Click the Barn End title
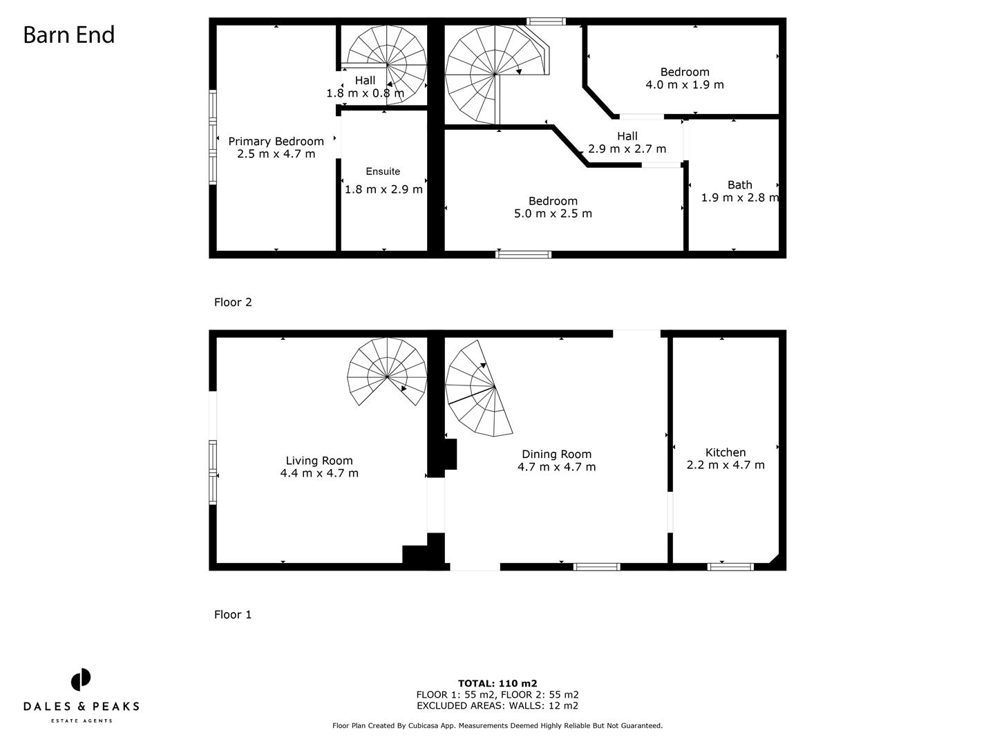tap(68, 35)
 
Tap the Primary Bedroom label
tap(276, 142)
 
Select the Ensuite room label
tap(383, 171)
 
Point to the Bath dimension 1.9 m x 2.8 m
tap(739, 198)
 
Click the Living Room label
tap(319, 461)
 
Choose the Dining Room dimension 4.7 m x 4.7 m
tap(556, 467)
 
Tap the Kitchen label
tap(726, 452)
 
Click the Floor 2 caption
tap(233, 302)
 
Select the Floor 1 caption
tap(233, 614)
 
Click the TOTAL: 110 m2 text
tap(497, 684)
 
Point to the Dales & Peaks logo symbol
tap(81, 680)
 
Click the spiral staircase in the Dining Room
tap(477, 390)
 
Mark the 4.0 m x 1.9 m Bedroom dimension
tap(685, 85)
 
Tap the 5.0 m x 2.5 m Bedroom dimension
tap(553, 213)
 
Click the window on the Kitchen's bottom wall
tap(730, 567)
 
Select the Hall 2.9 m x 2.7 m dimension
tap(627, 149)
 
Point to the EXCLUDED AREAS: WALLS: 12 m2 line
tap(497, 706)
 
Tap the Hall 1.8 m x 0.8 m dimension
tap(366, 93)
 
